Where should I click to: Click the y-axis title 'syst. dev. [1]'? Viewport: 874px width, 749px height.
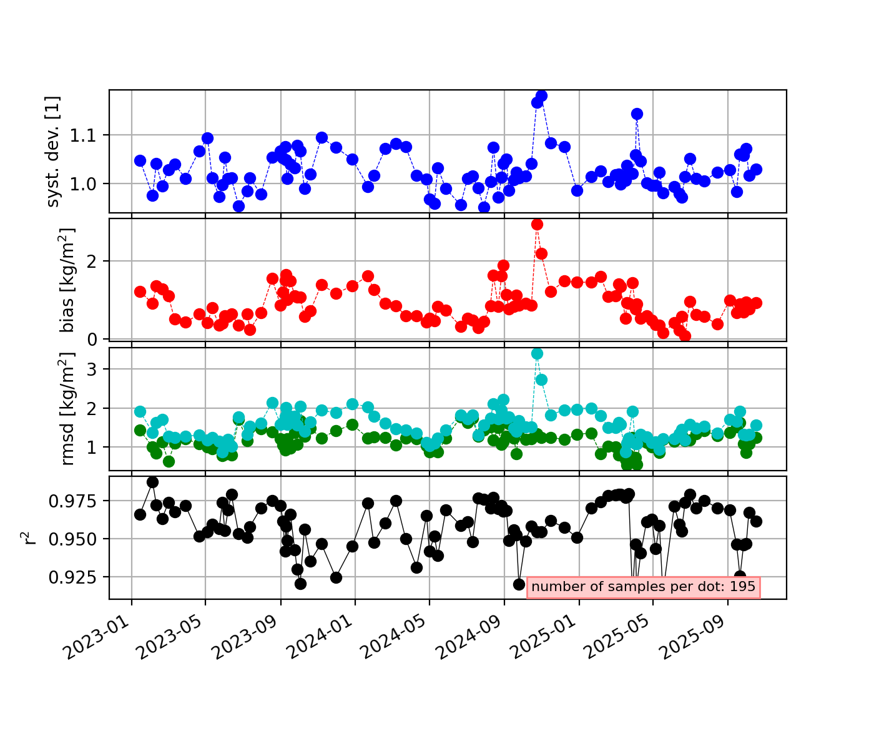click(x=54, y=152)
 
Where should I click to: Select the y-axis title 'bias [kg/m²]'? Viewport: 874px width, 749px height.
click(x=67, y=280)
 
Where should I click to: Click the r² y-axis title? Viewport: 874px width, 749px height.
click(x=26, y=538)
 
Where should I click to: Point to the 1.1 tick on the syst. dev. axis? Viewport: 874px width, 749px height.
click(x=91, y=135)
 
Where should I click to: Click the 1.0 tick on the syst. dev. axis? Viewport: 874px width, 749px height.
click(x=91, y=184)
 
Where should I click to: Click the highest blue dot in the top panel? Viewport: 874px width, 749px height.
click(x=541, y=95)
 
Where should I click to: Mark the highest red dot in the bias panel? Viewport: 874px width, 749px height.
click(x=537, y=224)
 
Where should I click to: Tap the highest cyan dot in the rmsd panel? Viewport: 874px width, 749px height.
click(x=537, y=353)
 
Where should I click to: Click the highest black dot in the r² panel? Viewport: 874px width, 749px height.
click(x=152, y=482)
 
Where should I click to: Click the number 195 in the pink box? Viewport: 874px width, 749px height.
click(x=742, y=587)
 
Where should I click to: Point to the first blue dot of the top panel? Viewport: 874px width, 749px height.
click(x=140, y=160)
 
